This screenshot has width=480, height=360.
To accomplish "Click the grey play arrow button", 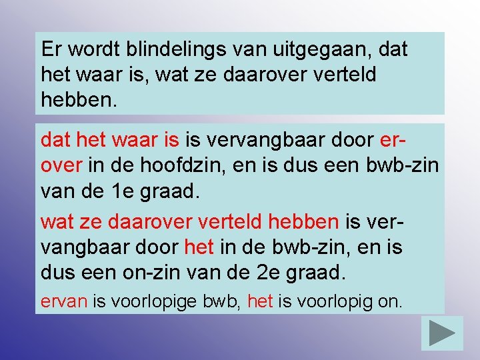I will [x=442, y=332].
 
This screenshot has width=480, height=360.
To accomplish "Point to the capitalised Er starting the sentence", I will [x=51, y=49].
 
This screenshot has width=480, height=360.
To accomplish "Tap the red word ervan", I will [x=64, y=301].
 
